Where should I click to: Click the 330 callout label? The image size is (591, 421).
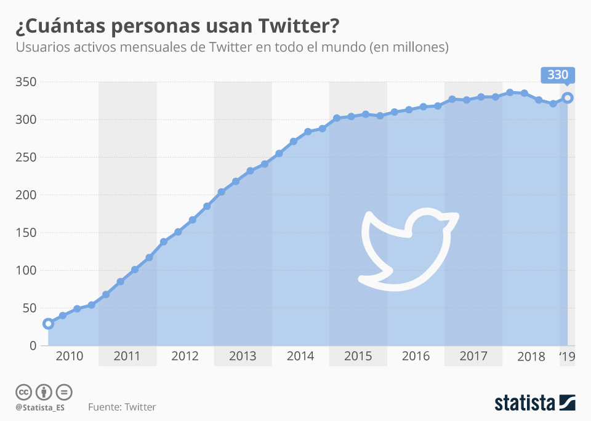tap(558, 75)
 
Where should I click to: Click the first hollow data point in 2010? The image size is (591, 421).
tap(48, 324)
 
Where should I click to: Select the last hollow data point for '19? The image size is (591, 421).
tap(568, 97)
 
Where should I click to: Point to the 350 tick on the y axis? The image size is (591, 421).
tap(25, 82)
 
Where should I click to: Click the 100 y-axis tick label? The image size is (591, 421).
tap(25, 270)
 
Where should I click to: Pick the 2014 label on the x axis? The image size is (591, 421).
tap(300, 356)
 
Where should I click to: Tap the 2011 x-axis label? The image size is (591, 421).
tap(127, 356)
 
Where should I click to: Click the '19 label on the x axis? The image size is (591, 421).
tap(566, 356)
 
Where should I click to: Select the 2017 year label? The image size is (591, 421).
tap(473, 356)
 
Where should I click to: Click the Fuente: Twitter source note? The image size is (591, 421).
tap(122, 407)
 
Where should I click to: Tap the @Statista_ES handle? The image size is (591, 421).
tap(41, 407)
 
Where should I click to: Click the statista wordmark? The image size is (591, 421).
tap(525, 403)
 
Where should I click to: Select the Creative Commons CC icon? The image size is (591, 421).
tap(23, 392)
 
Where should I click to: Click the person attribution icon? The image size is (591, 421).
tap(44, 392)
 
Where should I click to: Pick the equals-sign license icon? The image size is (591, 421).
tap(64, 392)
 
